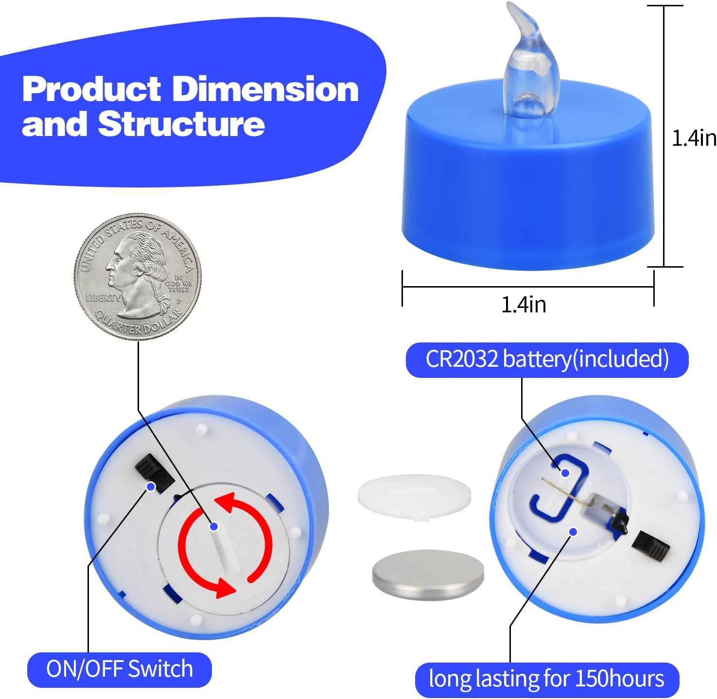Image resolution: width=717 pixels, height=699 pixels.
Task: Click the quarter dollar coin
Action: pos(138,276)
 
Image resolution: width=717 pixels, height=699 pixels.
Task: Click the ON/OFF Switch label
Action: pos(120,668)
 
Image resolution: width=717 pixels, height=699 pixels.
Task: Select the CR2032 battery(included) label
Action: pos(547,359)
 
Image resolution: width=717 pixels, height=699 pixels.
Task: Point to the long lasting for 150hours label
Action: pos(547,679)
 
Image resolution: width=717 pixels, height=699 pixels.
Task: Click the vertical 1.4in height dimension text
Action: pos(694,138)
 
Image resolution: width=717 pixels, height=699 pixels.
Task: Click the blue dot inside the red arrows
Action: pos(214,526)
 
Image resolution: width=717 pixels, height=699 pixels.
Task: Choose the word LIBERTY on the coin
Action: pos(103,298)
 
